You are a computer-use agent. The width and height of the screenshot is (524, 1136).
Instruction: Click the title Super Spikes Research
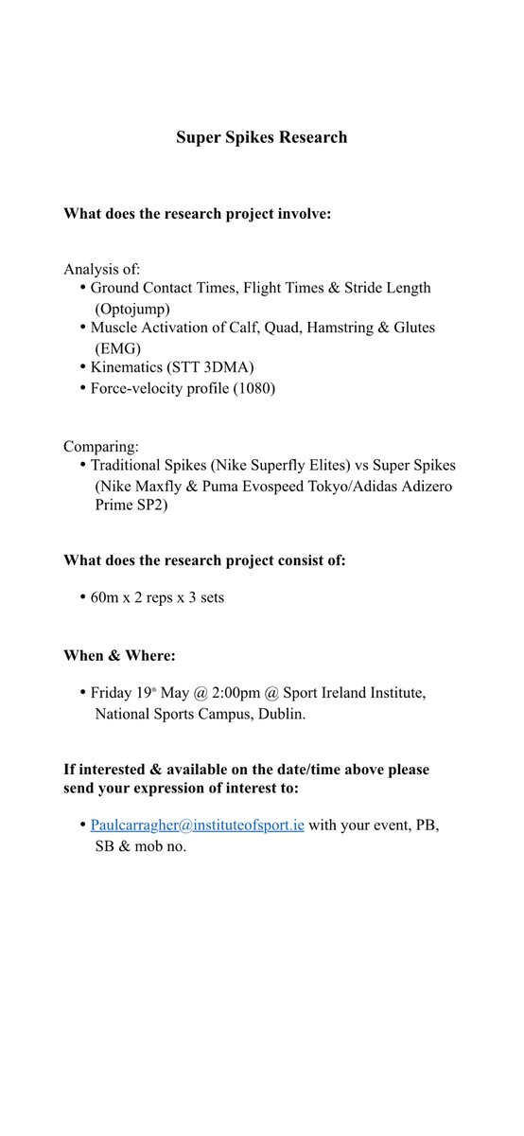pos(261,137)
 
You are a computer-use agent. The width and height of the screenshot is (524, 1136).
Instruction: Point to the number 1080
pos(255,387)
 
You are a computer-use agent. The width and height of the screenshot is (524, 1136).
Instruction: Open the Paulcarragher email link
pos(198,825)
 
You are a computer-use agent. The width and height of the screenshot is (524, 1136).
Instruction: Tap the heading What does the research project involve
pos(197,215)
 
